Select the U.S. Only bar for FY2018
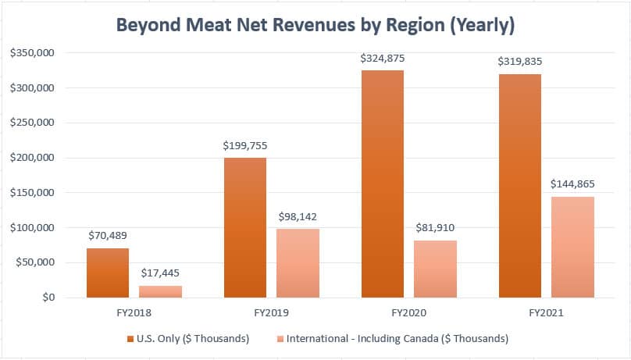(x=108, y=273)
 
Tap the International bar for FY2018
(x=161, y=291)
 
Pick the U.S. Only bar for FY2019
(x=245, y=227)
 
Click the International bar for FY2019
(x=298, y=263)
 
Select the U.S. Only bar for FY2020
(x=383, y=184)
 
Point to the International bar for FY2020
(x=436, y=269)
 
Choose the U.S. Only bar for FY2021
(x=520, y=186)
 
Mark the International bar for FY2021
(x=572, y=247)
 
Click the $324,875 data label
(x=383, y=59)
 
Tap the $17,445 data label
(x=161, y=273)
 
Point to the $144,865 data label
(x=572, y=184)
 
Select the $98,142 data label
(x=298, y=217)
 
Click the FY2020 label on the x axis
(x=408, y=313)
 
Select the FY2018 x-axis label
(x=134, y=313)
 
